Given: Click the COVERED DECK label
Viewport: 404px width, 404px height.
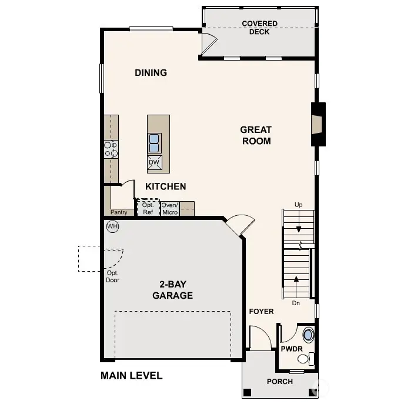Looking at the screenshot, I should [259, 28].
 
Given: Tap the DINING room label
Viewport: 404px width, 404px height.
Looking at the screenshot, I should [151, 73].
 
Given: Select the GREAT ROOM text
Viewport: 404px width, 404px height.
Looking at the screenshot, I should [256, 135].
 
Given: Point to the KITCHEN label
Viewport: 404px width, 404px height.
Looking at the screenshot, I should [166, 186].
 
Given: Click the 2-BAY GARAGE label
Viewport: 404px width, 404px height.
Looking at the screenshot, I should [172, 291].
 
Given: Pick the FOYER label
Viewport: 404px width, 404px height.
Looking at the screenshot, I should [261, 311].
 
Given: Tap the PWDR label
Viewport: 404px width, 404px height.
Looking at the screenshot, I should [291, 349].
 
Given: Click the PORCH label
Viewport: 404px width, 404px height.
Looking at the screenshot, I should [280, 381].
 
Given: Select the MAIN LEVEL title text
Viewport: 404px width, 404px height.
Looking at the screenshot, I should [131, 375].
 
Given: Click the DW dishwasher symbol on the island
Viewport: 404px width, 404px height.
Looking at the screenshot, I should [154, 163].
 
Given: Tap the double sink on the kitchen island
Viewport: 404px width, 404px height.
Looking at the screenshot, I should [154, 143].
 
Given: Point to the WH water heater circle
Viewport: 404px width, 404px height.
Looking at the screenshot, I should [112, 226].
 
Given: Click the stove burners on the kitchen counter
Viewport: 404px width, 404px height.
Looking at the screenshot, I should [111, 149].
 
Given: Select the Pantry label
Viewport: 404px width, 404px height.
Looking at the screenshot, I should [119, 212].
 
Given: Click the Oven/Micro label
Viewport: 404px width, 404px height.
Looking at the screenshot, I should [169, 209].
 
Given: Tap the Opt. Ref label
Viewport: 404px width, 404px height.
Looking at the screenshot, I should [148, 209].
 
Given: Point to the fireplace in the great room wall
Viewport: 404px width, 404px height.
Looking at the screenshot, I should [318, 124].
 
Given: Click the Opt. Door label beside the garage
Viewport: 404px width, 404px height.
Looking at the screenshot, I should [113, 276].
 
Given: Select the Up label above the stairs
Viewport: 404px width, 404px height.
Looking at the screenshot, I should [298, 204].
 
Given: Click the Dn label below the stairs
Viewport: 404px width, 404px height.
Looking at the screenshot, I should [296, 303].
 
